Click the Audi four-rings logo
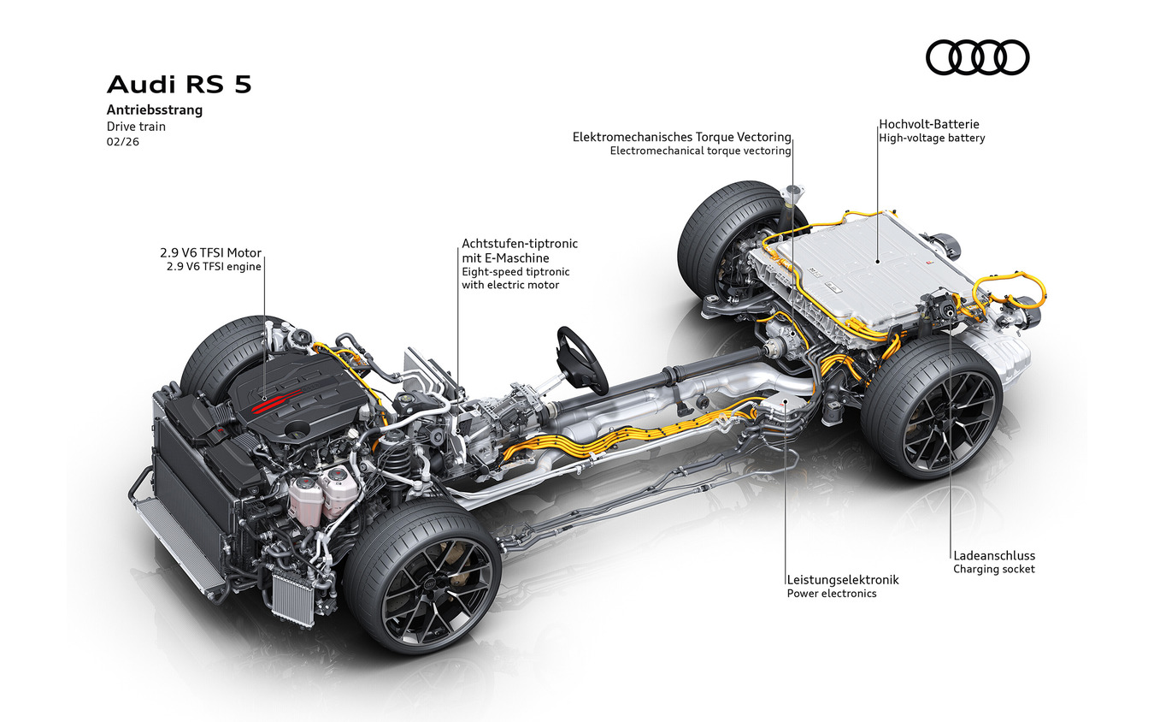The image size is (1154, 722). click(x=977, y=57)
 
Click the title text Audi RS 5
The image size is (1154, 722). click(x=179, y=86)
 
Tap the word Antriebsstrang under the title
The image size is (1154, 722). click(x=154, y=110)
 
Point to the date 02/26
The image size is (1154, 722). click(x=122, y=142)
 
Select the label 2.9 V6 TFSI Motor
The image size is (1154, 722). click(x=210, y=253)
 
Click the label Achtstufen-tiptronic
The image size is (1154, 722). click(x=519, y=244)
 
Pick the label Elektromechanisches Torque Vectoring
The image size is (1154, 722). click(x=681, y=137)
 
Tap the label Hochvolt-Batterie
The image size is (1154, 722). click(x=930, y=124)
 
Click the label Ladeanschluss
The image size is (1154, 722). click(x=994, y=555)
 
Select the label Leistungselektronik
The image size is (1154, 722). click(x=842, y=579)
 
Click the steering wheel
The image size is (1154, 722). click(x=582, y=359)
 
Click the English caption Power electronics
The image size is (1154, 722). click(x=831, y=594)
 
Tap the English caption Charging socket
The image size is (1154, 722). click(x=993, y=569)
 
